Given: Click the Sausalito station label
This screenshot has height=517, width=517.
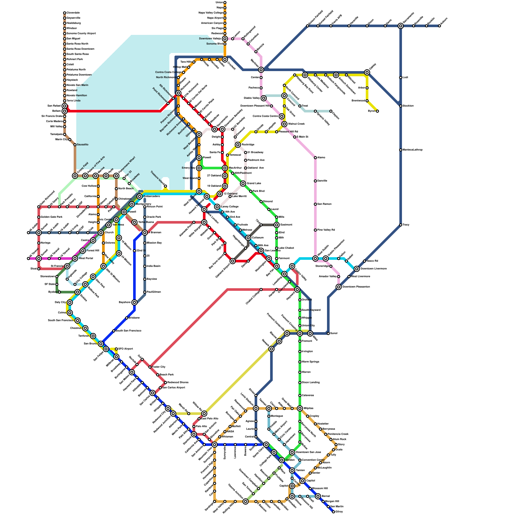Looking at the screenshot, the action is coord(82,144).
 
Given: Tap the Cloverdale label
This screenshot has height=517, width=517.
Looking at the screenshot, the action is coord(73,13).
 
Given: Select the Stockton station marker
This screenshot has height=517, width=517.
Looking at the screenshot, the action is coord(401,106).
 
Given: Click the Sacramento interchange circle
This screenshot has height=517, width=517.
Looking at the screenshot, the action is coord(401,26).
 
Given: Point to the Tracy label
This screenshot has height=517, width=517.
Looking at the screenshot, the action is coord(406,225).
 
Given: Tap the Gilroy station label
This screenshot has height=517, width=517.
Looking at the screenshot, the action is coord(339,512).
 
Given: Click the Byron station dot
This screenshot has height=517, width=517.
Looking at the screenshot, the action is coord(377,111).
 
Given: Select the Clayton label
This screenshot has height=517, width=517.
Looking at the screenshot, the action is coord(336,115).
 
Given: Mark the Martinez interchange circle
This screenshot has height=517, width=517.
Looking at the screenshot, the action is coord(261,70).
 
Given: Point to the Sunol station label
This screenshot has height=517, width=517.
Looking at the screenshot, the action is coord(334,333).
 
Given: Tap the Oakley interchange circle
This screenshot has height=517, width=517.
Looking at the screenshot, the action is coord(367,72).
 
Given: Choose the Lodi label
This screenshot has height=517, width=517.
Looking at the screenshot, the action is coord(405,77).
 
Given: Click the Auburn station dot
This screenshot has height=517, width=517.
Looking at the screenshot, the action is coord(439,26).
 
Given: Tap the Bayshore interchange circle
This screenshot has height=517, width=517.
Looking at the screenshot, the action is coord(134,302).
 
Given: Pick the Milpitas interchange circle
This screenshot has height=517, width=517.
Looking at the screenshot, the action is coord(300,408).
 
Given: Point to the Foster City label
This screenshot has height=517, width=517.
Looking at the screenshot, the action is coord(158,367).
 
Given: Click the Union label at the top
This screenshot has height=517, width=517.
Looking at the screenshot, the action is coord(219,2).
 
